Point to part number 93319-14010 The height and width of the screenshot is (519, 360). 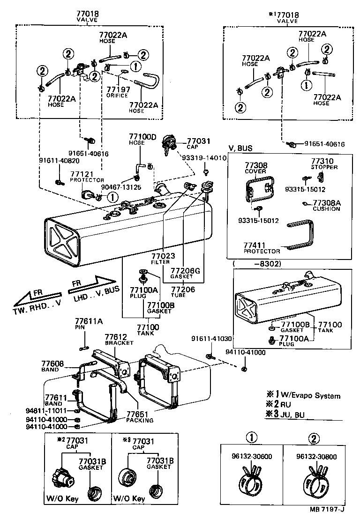click(205, 158)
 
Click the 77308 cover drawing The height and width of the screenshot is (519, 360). click(259, 189)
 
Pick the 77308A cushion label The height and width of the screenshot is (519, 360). click(326, 203)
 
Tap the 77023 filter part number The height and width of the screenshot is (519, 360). click(163, 256)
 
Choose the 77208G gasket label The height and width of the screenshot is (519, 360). click(185, 271)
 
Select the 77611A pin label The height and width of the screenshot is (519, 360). click(89, 321)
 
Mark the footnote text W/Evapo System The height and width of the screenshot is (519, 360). click(314, 396)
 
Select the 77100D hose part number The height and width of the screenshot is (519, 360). click(142, 137)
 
